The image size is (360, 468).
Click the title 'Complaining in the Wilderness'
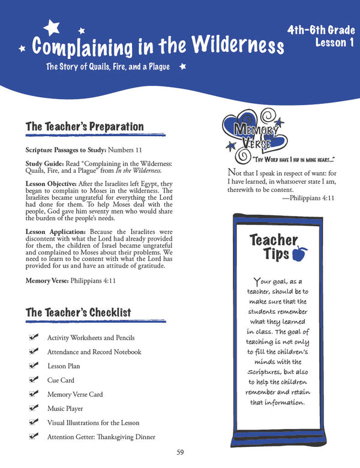click(x=157, y=46)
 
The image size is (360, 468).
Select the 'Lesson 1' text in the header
click(x=331, y=43)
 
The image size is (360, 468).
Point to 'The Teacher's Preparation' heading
click(x=85, y=127)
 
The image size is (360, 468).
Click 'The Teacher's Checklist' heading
click(x=78, y=312)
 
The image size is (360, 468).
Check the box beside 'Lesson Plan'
click(x=34, y=365)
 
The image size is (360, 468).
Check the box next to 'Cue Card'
click(x=34, y=380)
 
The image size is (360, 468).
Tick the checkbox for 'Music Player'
click(x=34, y=408)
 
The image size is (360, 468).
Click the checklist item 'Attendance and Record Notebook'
click(x=94, y=352)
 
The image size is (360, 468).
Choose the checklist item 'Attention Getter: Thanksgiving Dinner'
click(x=101, y=437)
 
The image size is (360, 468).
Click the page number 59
click(x=180, y=452)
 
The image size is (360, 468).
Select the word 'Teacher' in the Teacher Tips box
click(x=274, y=241)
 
